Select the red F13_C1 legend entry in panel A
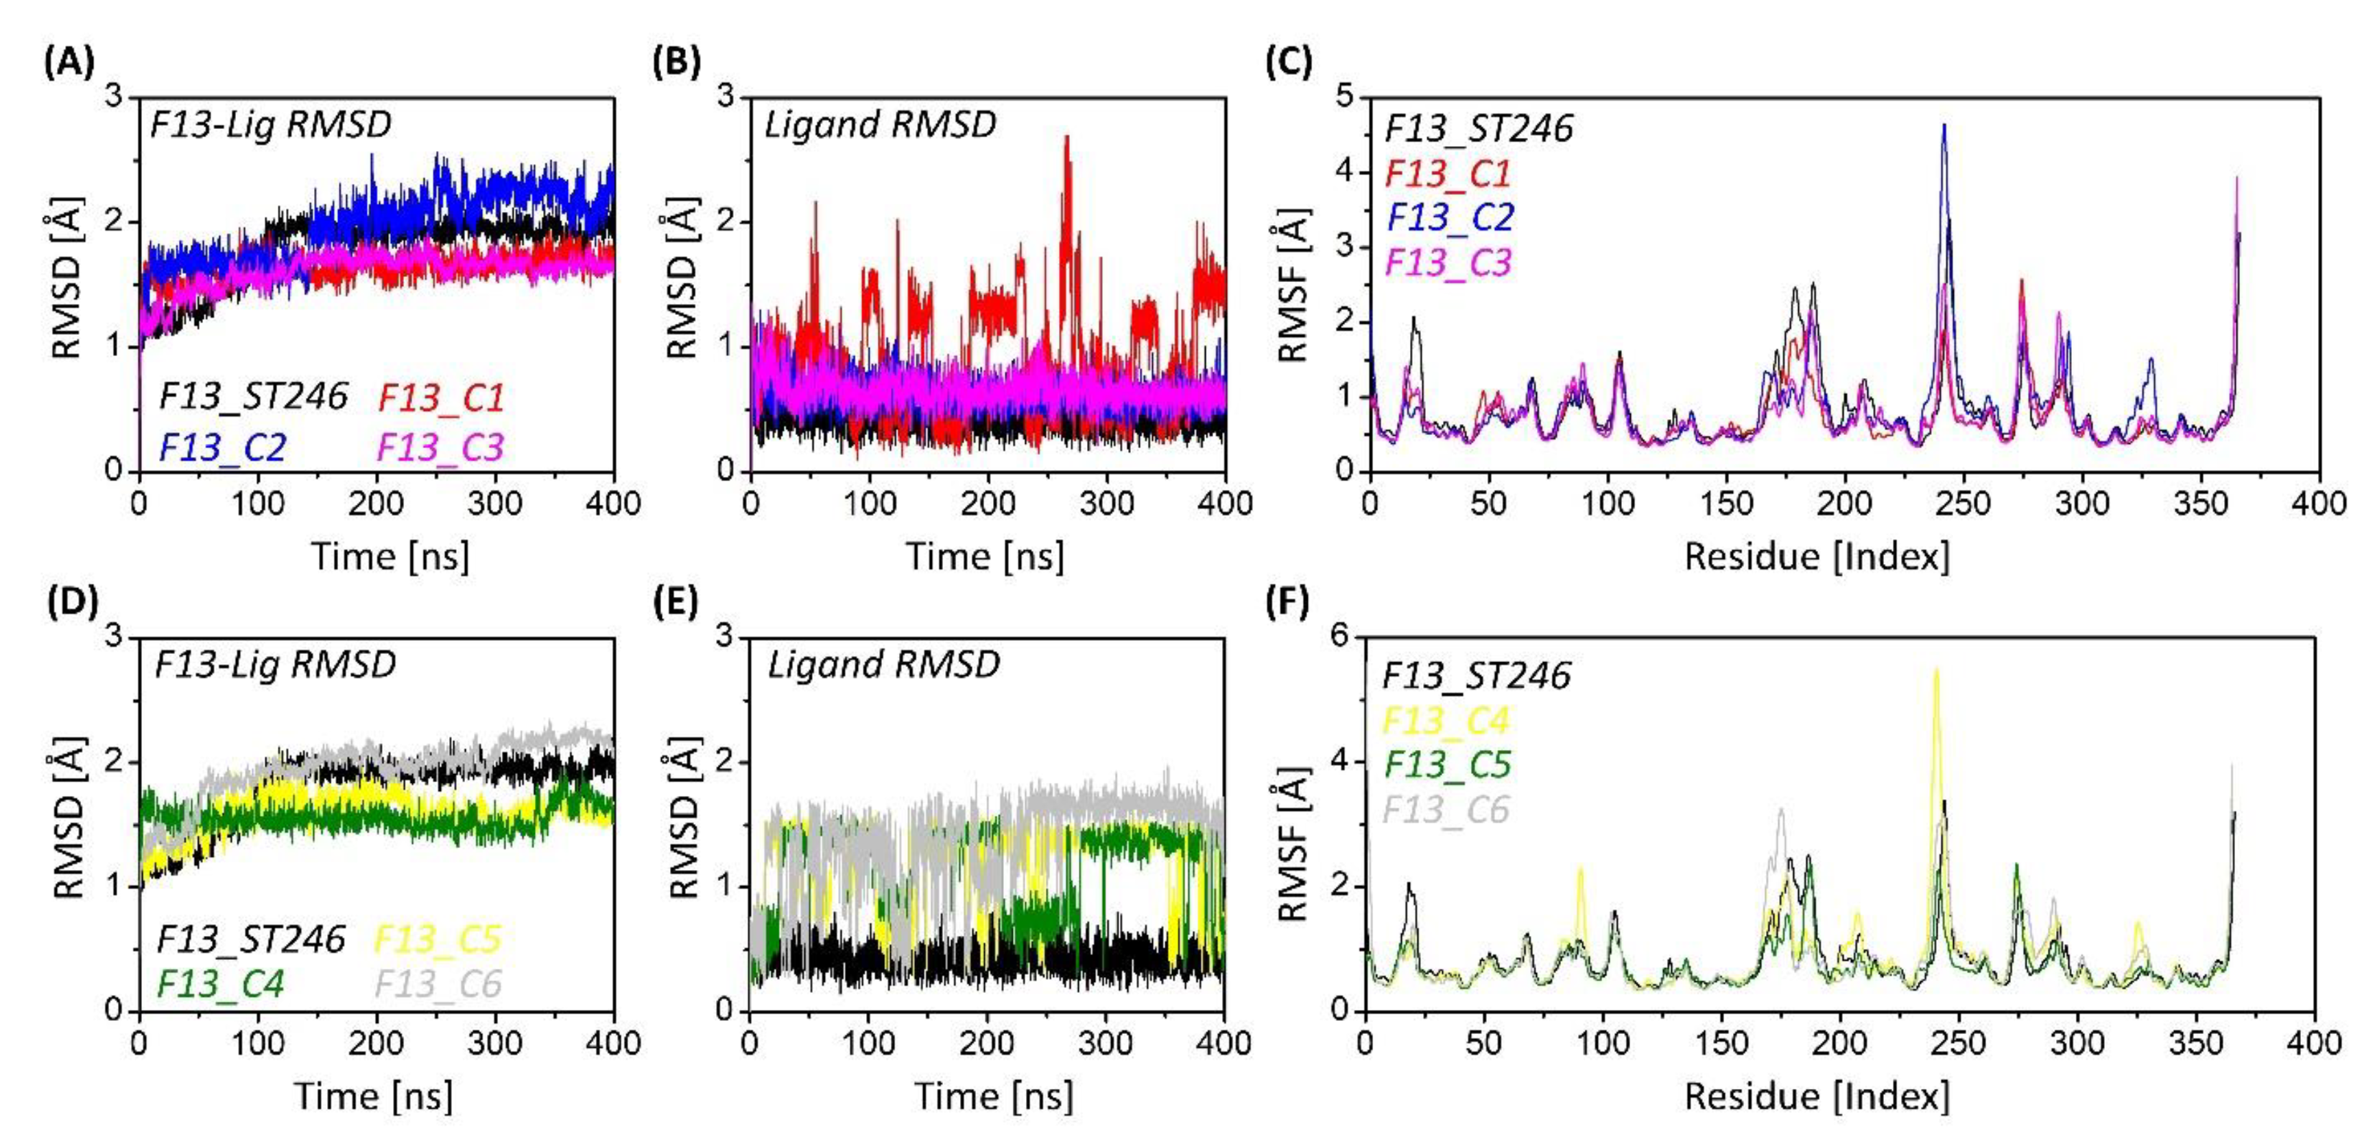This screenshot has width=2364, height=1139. point(442,397)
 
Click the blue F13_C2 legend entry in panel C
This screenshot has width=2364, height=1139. point(1450,217)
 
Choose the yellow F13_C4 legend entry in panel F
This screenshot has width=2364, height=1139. point(1446,720)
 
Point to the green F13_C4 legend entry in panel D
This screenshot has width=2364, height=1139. point(220,984)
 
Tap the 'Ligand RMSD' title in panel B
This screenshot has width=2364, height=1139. point(880,125)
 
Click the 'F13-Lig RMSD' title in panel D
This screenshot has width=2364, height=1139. point(274,664)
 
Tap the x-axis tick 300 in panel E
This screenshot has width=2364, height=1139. point(1106,1044)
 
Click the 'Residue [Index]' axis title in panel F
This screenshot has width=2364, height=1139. point(1817,1096)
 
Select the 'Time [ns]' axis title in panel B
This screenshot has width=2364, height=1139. point(986,556)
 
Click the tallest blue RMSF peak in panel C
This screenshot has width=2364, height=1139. point(1944,126)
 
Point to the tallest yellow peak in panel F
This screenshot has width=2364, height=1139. point(1936,670)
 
